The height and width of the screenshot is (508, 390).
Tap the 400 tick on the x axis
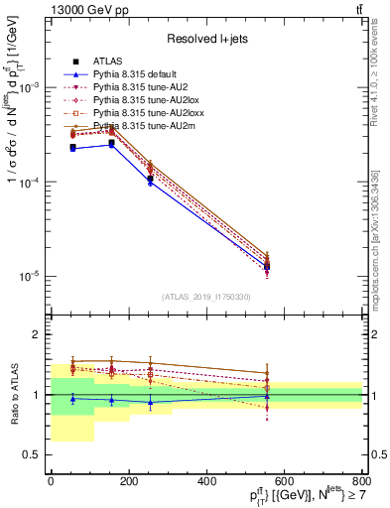pos(206,482)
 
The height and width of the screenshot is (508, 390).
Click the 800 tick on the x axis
pos(362,482)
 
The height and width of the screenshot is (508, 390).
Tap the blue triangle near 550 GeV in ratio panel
pos(266,396)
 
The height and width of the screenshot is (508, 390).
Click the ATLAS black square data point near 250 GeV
pos(149,179)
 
